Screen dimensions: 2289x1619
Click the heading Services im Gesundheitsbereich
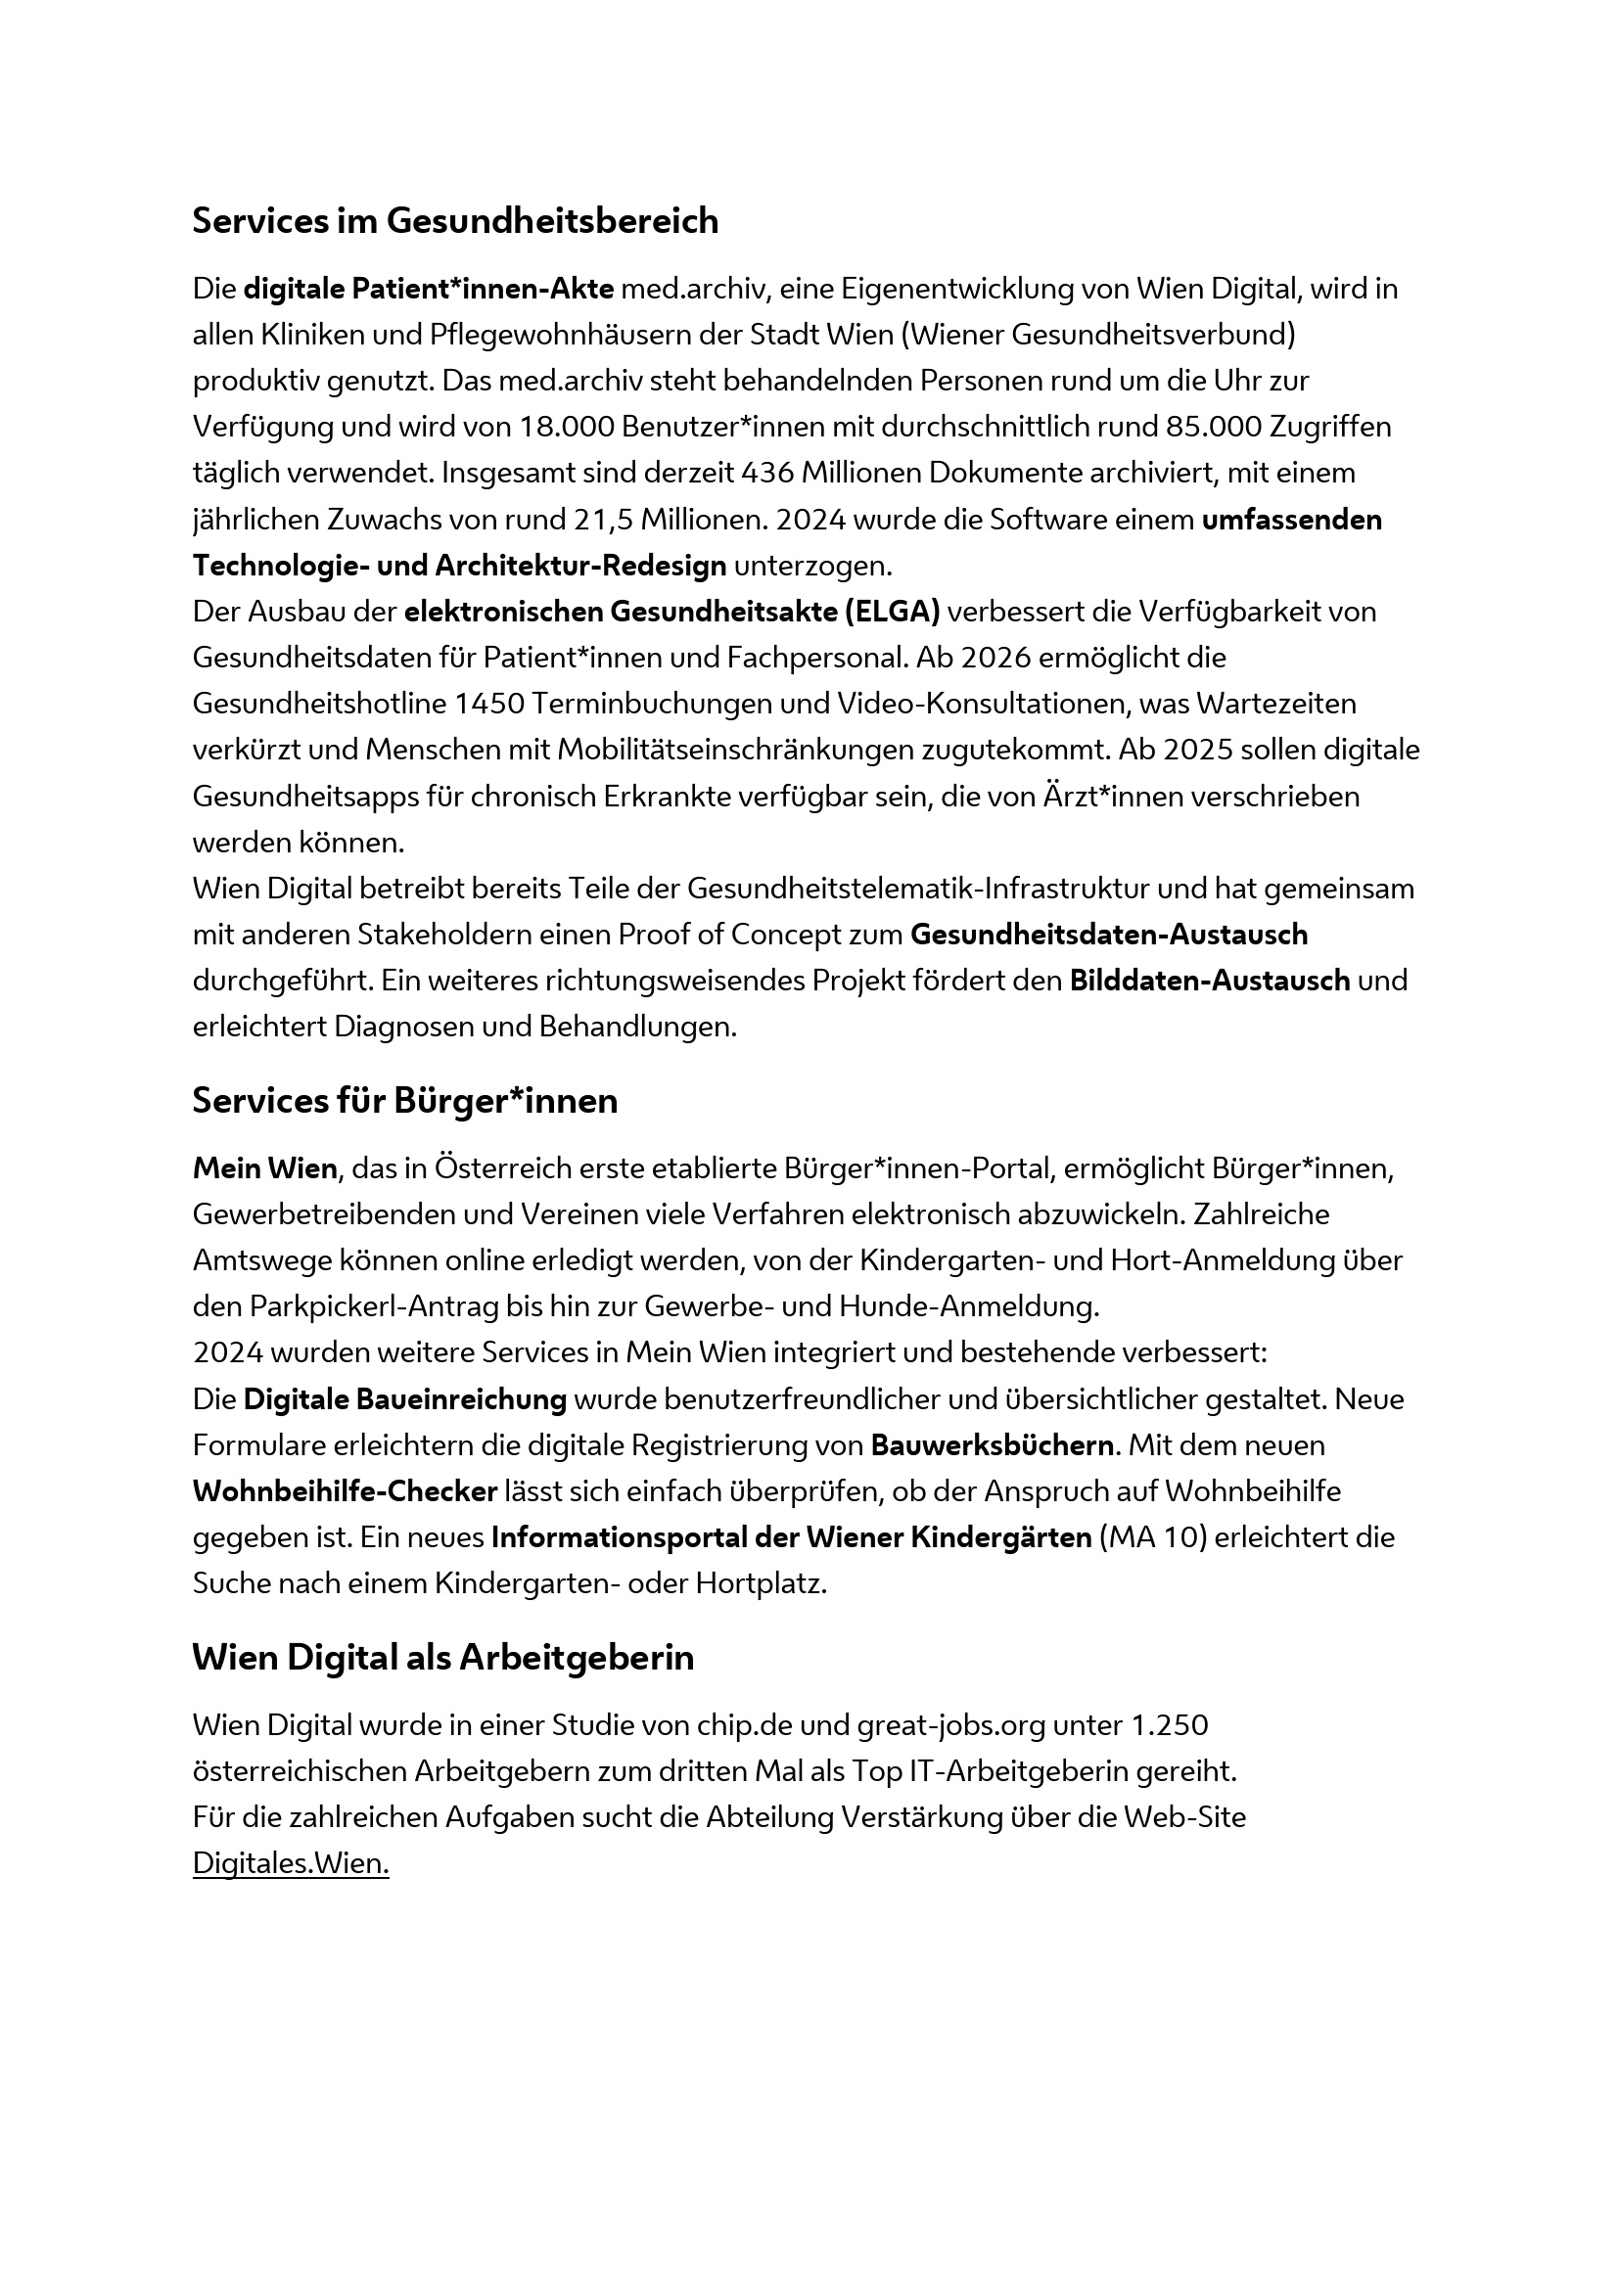(454, 220)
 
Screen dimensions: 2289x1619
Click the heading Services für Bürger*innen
(405, 1101)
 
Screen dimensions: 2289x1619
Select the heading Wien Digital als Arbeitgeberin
(442, 1658)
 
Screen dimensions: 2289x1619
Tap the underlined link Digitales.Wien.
(290, 1863)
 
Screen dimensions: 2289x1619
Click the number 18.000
(565, 427)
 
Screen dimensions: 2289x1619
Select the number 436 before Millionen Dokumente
(767, 473)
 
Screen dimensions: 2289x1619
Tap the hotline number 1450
(488, 704)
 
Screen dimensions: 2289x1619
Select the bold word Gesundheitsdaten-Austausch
(1109, 935)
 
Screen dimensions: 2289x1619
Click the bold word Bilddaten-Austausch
(1209, 980)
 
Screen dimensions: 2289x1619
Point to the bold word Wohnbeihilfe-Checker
(344, 1491)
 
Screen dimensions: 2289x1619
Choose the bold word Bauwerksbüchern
(992, 1445)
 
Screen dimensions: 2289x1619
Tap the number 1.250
(1170, 1724)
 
